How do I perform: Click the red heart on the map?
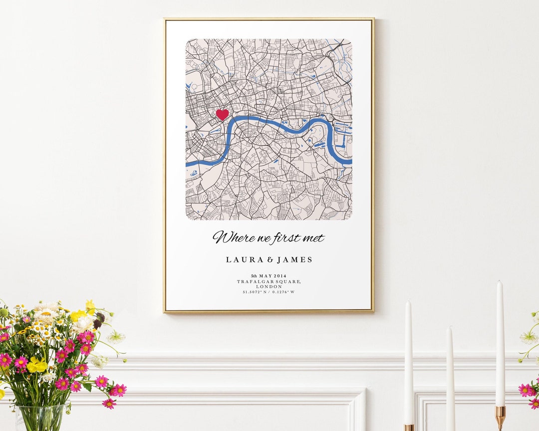[222, 115]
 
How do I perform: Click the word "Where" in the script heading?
[229, 237]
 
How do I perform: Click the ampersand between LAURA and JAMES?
[269, 259]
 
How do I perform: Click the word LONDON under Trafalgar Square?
[269, 287]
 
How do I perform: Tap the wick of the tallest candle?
[500, 282]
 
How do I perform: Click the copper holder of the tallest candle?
[500, 416]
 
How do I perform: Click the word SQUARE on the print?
[289, 282]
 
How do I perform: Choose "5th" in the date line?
[254, 276]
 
